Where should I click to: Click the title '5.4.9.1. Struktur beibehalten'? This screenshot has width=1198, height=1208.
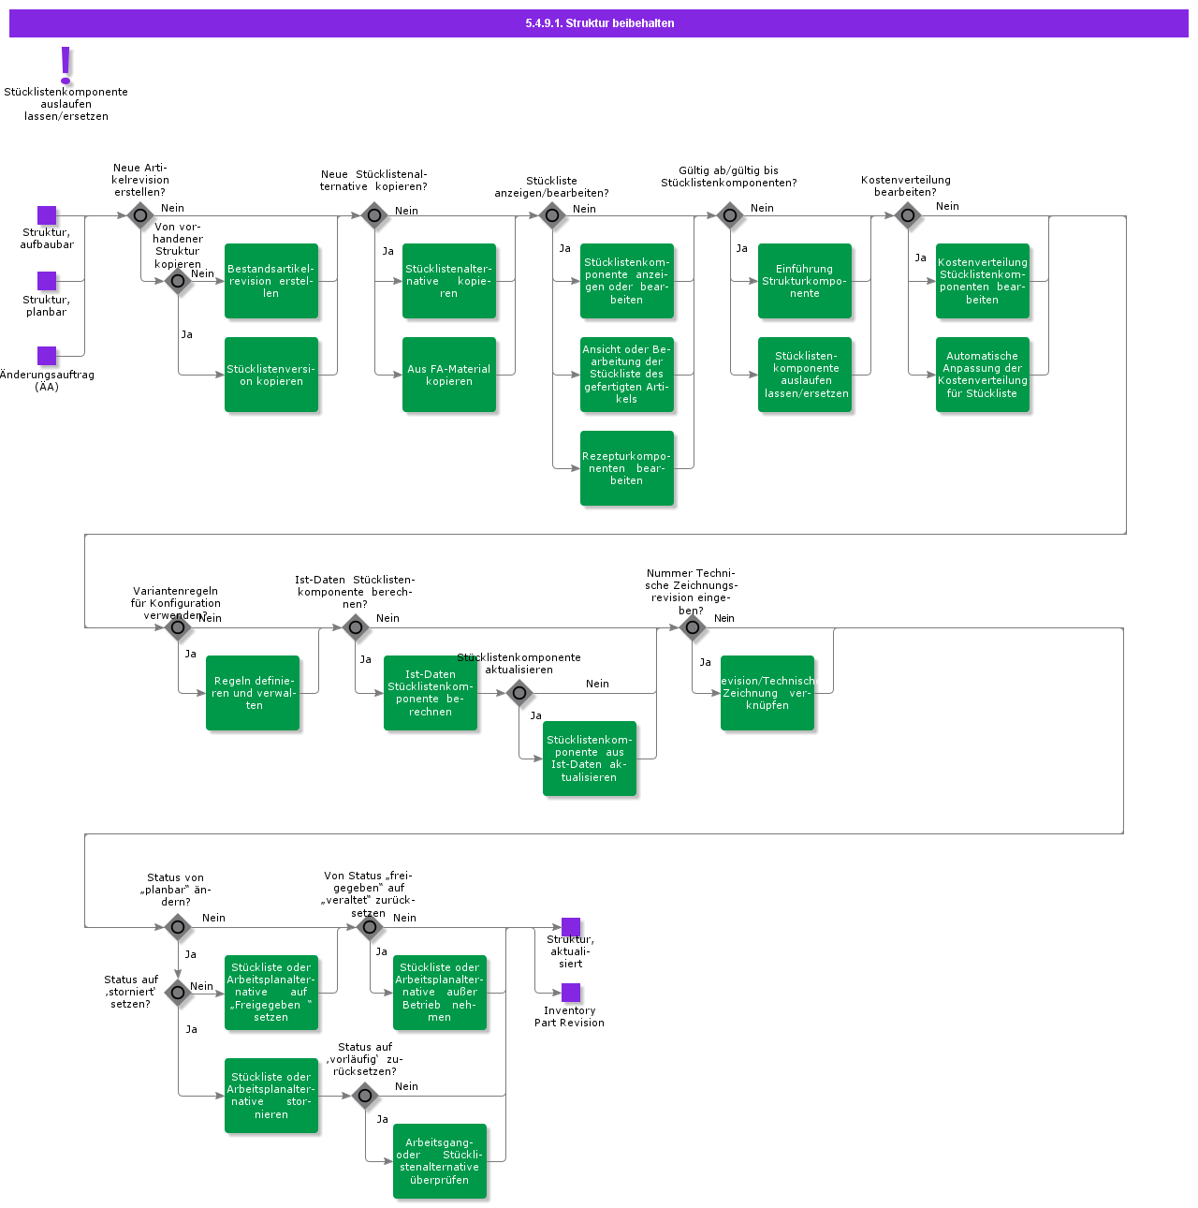pos(599,23)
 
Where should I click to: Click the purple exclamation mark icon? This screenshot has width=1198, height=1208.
pos(66,66)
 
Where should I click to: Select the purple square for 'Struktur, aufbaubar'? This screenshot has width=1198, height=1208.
pos(47,215)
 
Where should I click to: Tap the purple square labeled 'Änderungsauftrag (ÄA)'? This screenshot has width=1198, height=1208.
pos(47,356)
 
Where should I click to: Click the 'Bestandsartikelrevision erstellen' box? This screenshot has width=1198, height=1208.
pos(271,281)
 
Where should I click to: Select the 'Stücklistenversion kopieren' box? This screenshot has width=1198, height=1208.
pos(271,375)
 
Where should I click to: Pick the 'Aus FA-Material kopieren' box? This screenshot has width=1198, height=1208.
pos(449,375)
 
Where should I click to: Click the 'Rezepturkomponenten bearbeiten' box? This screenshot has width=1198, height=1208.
pos(627,468)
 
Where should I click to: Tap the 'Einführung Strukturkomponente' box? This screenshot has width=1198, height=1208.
pos(805,281)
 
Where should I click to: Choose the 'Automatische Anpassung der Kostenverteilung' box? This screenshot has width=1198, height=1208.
pos(983,375)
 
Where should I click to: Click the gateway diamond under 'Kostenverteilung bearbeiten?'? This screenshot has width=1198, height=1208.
pos(908,215)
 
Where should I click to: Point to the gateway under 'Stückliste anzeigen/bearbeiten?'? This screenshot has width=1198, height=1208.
pos(552,215)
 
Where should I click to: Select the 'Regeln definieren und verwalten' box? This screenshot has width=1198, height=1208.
pos(253,693)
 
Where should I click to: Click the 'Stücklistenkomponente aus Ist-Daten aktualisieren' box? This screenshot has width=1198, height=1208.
pos(590,759)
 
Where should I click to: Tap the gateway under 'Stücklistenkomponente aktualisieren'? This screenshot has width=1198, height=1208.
pos(519,693)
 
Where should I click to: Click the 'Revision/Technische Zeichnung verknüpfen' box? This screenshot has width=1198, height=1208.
pos(767,693)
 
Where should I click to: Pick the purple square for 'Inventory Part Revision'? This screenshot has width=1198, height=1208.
pos(571,993)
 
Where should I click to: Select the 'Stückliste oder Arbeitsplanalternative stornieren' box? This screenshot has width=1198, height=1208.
pos(271,1096)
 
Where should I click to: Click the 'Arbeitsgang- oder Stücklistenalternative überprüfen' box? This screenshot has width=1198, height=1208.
pos(440,1161)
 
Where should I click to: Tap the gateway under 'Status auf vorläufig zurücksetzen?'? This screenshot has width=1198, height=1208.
pos(365,1095)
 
